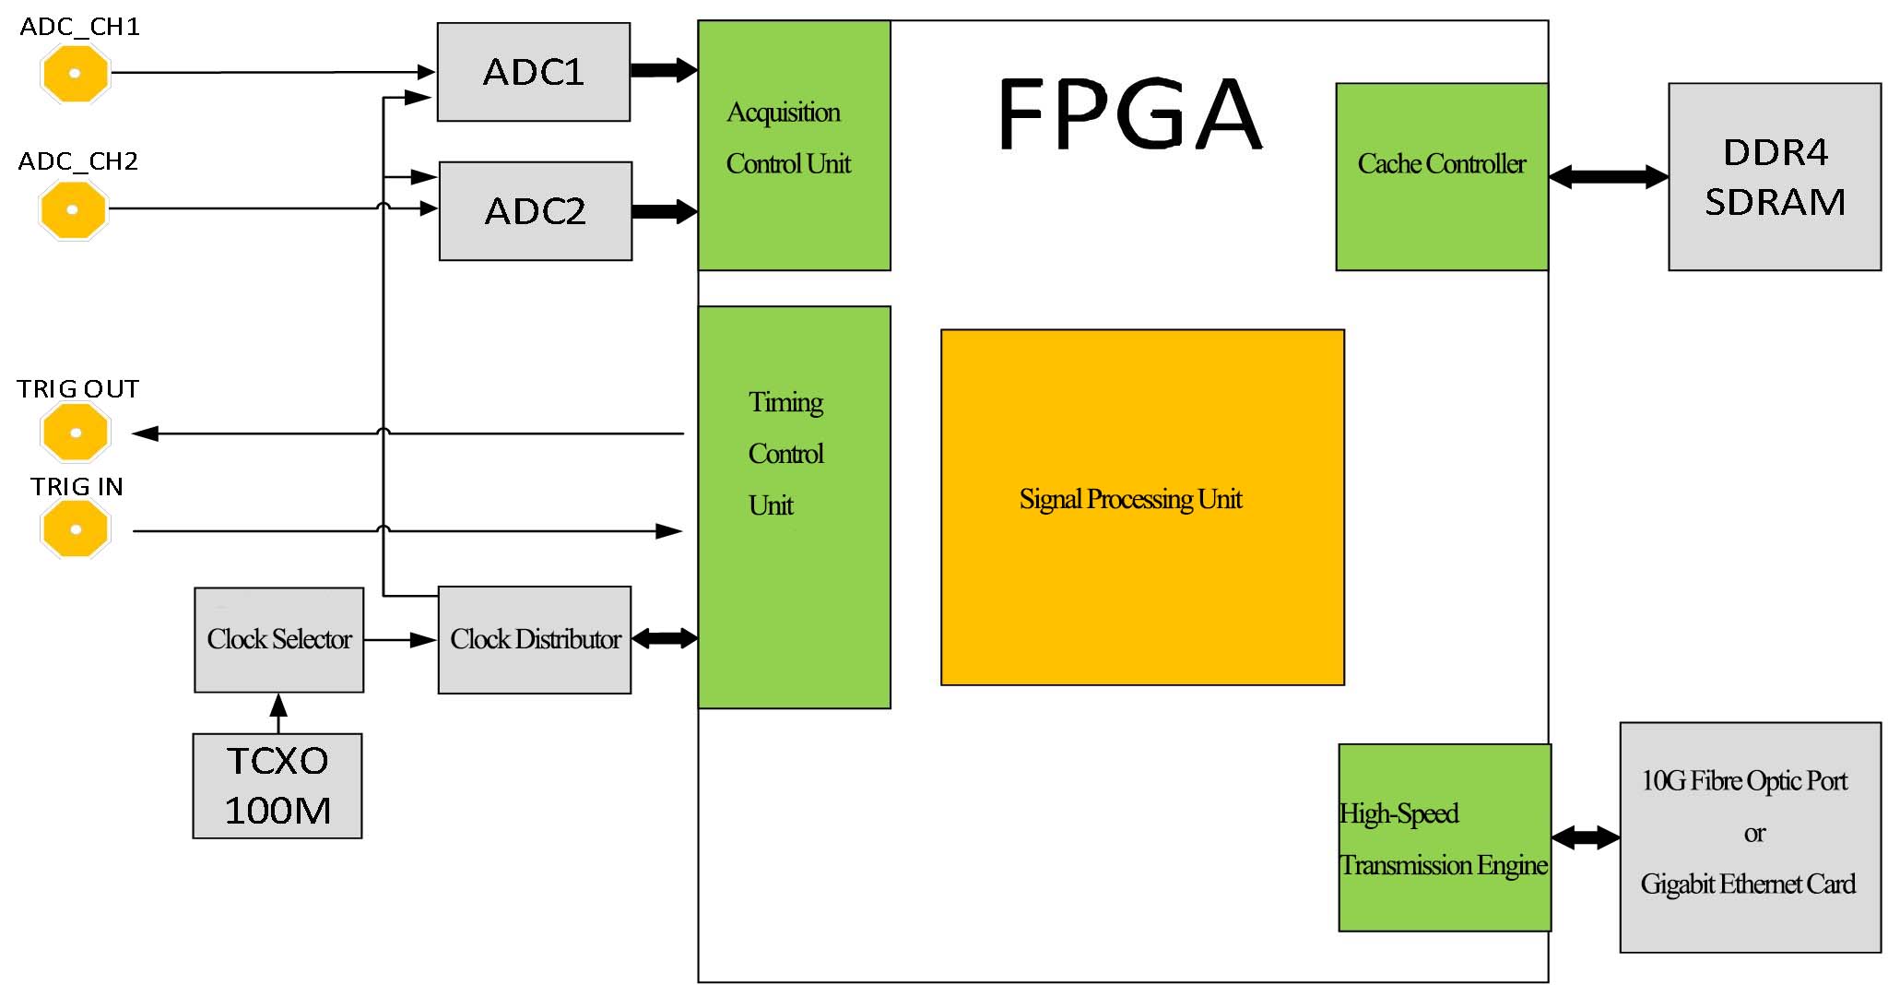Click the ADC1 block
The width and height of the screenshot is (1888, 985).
pos(533,72)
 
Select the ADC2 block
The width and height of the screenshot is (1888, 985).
pos(535,211)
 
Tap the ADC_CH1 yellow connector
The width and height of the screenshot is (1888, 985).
pos(76,73)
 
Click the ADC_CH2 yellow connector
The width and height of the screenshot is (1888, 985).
pos(74,209)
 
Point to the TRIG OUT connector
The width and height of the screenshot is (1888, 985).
pos(76,432)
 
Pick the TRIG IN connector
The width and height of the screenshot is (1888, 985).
pos(76,529)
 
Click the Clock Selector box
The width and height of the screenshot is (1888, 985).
pos(278,639)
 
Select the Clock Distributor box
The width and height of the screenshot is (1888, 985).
pos(535,639)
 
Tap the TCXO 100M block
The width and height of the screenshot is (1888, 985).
pos(277,786)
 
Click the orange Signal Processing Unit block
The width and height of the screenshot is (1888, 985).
pos(1141,507)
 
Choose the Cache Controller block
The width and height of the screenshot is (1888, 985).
pos(1441,176)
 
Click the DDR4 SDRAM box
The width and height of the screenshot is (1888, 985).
pos(1774,176)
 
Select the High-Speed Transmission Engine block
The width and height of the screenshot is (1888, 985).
pos(1444,837)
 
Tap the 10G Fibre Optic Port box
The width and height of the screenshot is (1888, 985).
pos(1749,837)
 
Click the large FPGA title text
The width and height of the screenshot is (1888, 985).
pos(1128,114)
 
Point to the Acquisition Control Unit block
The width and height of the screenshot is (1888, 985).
pos(794,145)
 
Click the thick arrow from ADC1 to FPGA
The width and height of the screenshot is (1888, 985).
pos(663,70)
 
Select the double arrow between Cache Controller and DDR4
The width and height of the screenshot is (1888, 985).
pos(1608,176)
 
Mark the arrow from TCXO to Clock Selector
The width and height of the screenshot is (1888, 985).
pos(278,713)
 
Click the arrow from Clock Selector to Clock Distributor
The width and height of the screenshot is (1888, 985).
pos(400,639)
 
